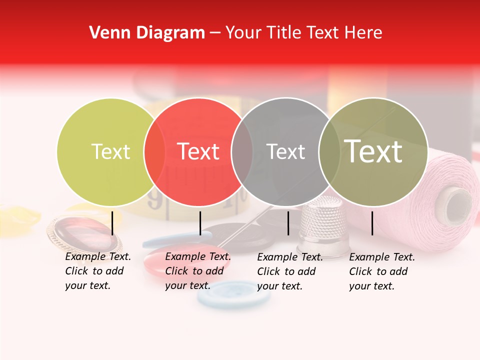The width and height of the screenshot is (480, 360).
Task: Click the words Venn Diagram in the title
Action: coord(147,33)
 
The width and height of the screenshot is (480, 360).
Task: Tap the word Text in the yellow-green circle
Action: coord(110,151)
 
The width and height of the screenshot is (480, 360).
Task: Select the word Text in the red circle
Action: coord(198,151)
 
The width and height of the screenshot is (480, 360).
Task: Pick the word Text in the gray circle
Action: coord(285,151)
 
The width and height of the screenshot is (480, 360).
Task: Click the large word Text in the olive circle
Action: coord(373,151)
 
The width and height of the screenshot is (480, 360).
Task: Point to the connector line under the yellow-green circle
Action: coord(112,223)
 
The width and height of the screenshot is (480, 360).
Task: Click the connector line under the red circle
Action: coord(200,223)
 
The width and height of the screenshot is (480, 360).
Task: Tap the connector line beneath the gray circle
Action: coord(288,223)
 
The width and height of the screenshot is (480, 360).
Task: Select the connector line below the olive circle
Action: coord(372,223)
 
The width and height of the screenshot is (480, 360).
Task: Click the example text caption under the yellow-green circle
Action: coord(97,271)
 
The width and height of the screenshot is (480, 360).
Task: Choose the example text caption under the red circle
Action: coord(197,271)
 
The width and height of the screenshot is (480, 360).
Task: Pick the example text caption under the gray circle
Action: coord(289,271)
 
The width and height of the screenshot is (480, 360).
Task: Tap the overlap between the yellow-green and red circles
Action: coord(154,151)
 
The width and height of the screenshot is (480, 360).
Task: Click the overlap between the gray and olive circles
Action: coord(329,151)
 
